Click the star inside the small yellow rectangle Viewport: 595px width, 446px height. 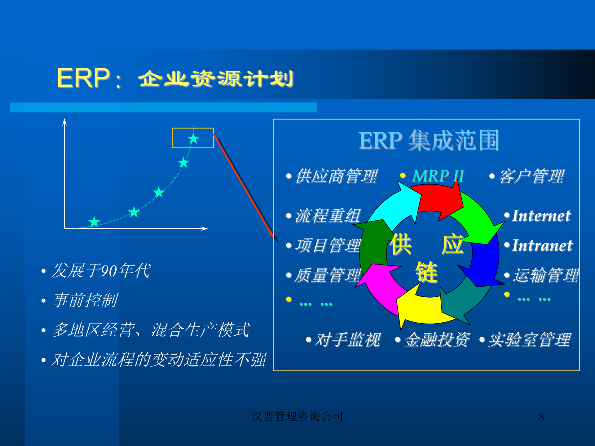(x=193, y=138)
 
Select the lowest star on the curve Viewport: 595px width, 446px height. (x=94, y=222)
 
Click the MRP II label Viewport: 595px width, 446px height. (x=438, y=176)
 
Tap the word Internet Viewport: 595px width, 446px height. (x=541, y=216)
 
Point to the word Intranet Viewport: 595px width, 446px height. (x=542, y=246)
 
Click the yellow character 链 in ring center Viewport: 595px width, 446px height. (x=426, y=272)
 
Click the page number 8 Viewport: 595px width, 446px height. (x=541, y=417)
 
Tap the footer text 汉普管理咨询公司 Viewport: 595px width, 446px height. (x=297, y=416)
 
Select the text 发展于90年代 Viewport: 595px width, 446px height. (x=101, y=270)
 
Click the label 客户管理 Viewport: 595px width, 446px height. (x=531, y=176)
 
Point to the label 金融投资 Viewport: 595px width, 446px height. (x=437, y=340)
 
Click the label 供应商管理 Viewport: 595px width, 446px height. (x=336, y=176)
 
